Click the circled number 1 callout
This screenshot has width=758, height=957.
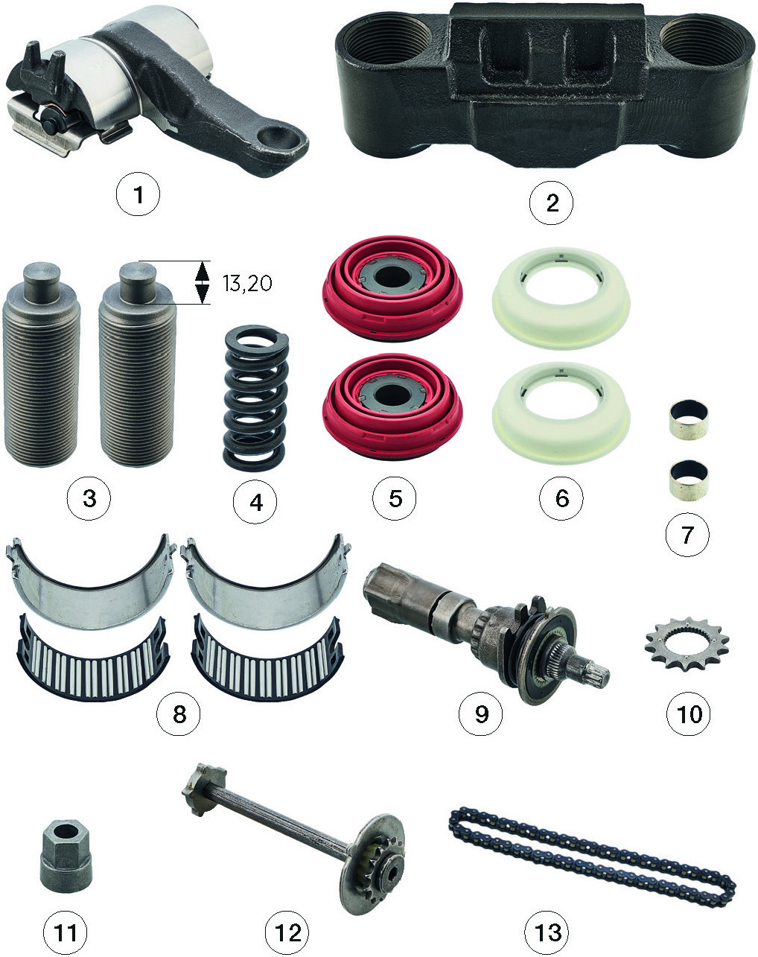(x=138, y=194)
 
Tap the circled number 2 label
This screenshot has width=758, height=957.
(x=551, y=203)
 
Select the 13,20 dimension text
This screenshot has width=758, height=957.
(x=247, y=283)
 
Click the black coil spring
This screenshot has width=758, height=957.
(x=255, y=398)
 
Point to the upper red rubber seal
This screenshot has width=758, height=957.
(x=392, y=288)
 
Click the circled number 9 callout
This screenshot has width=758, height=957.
(x=480, y=713)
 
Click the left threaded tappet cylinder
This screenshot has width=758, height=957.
(x=42, y=364)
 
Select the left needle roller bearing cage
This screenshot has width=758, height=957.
(x=93, y=660)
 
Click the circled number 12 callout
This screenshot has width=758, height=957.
(x=287, y=932)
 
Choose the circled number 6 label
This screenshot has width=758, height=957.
(x=561, y=498)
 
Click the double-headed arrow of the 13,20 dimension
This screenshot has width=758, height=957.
(x=203, y=282)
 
